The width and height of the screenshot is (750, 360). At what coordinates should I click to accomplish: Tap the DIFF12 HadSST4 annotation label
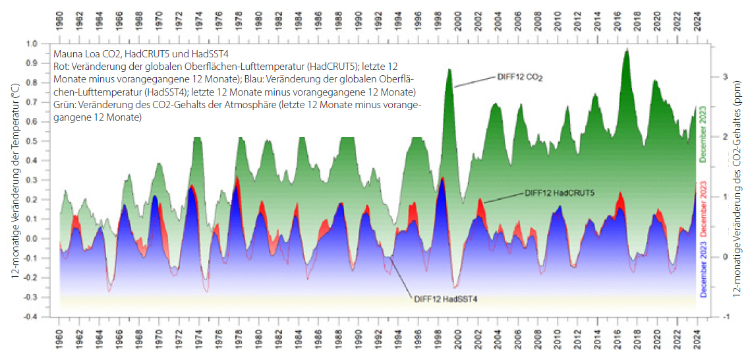click(446, 299)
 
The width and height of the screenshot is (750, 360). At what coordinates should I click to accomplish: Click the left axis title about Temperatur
click(15, 178)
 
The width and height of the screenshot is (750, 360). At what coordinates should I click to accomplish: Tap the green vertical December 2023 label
click(703, 134)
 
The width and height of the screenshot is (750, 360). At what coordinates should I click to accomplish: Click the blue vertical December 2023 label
click(703, 274)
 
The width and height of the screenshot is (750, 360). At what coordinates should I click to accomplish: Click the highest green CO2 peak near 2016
click(627, 50)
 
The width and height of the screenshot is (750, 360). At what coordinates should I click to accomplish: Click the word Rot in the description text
click(60, 67)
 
